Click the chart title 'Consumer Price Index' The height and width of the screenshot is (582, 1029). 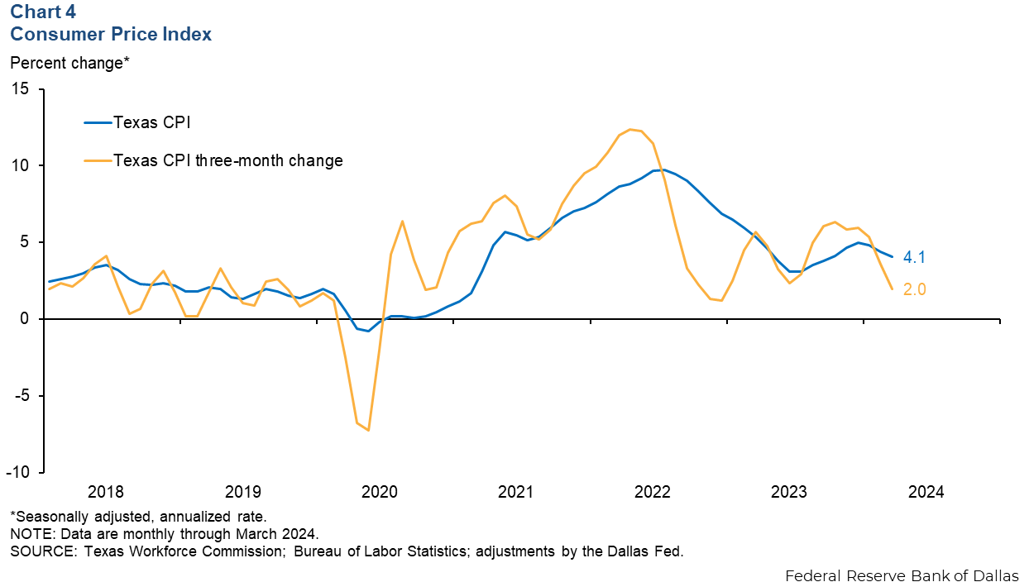point(111,34)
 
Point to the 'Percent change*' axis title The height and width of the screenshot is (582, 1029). point(69,62)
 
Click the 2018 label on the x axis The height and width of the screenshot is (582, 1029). point(106,492)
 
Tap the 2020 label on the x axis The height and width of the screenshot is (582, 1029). point(380,492)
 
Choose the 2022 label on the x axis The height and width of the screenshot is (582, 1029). point(653,492)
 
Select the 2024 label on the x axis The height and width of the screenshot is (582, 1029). point(926,492)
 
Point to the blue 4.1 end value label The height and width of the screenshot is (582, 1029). point(914,257)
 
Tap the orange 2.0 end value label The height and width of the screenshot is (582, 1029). point(914,290)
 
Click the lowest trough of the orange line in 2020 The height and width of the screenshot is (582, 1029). point(368,430)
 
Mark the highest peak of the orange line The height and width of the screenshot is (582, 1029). point(630,129)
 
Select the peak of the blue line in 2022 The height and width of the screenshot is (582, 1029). point(662,169)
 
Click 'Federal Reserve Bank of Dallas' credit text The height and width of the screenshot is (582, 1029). point(902,575)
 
